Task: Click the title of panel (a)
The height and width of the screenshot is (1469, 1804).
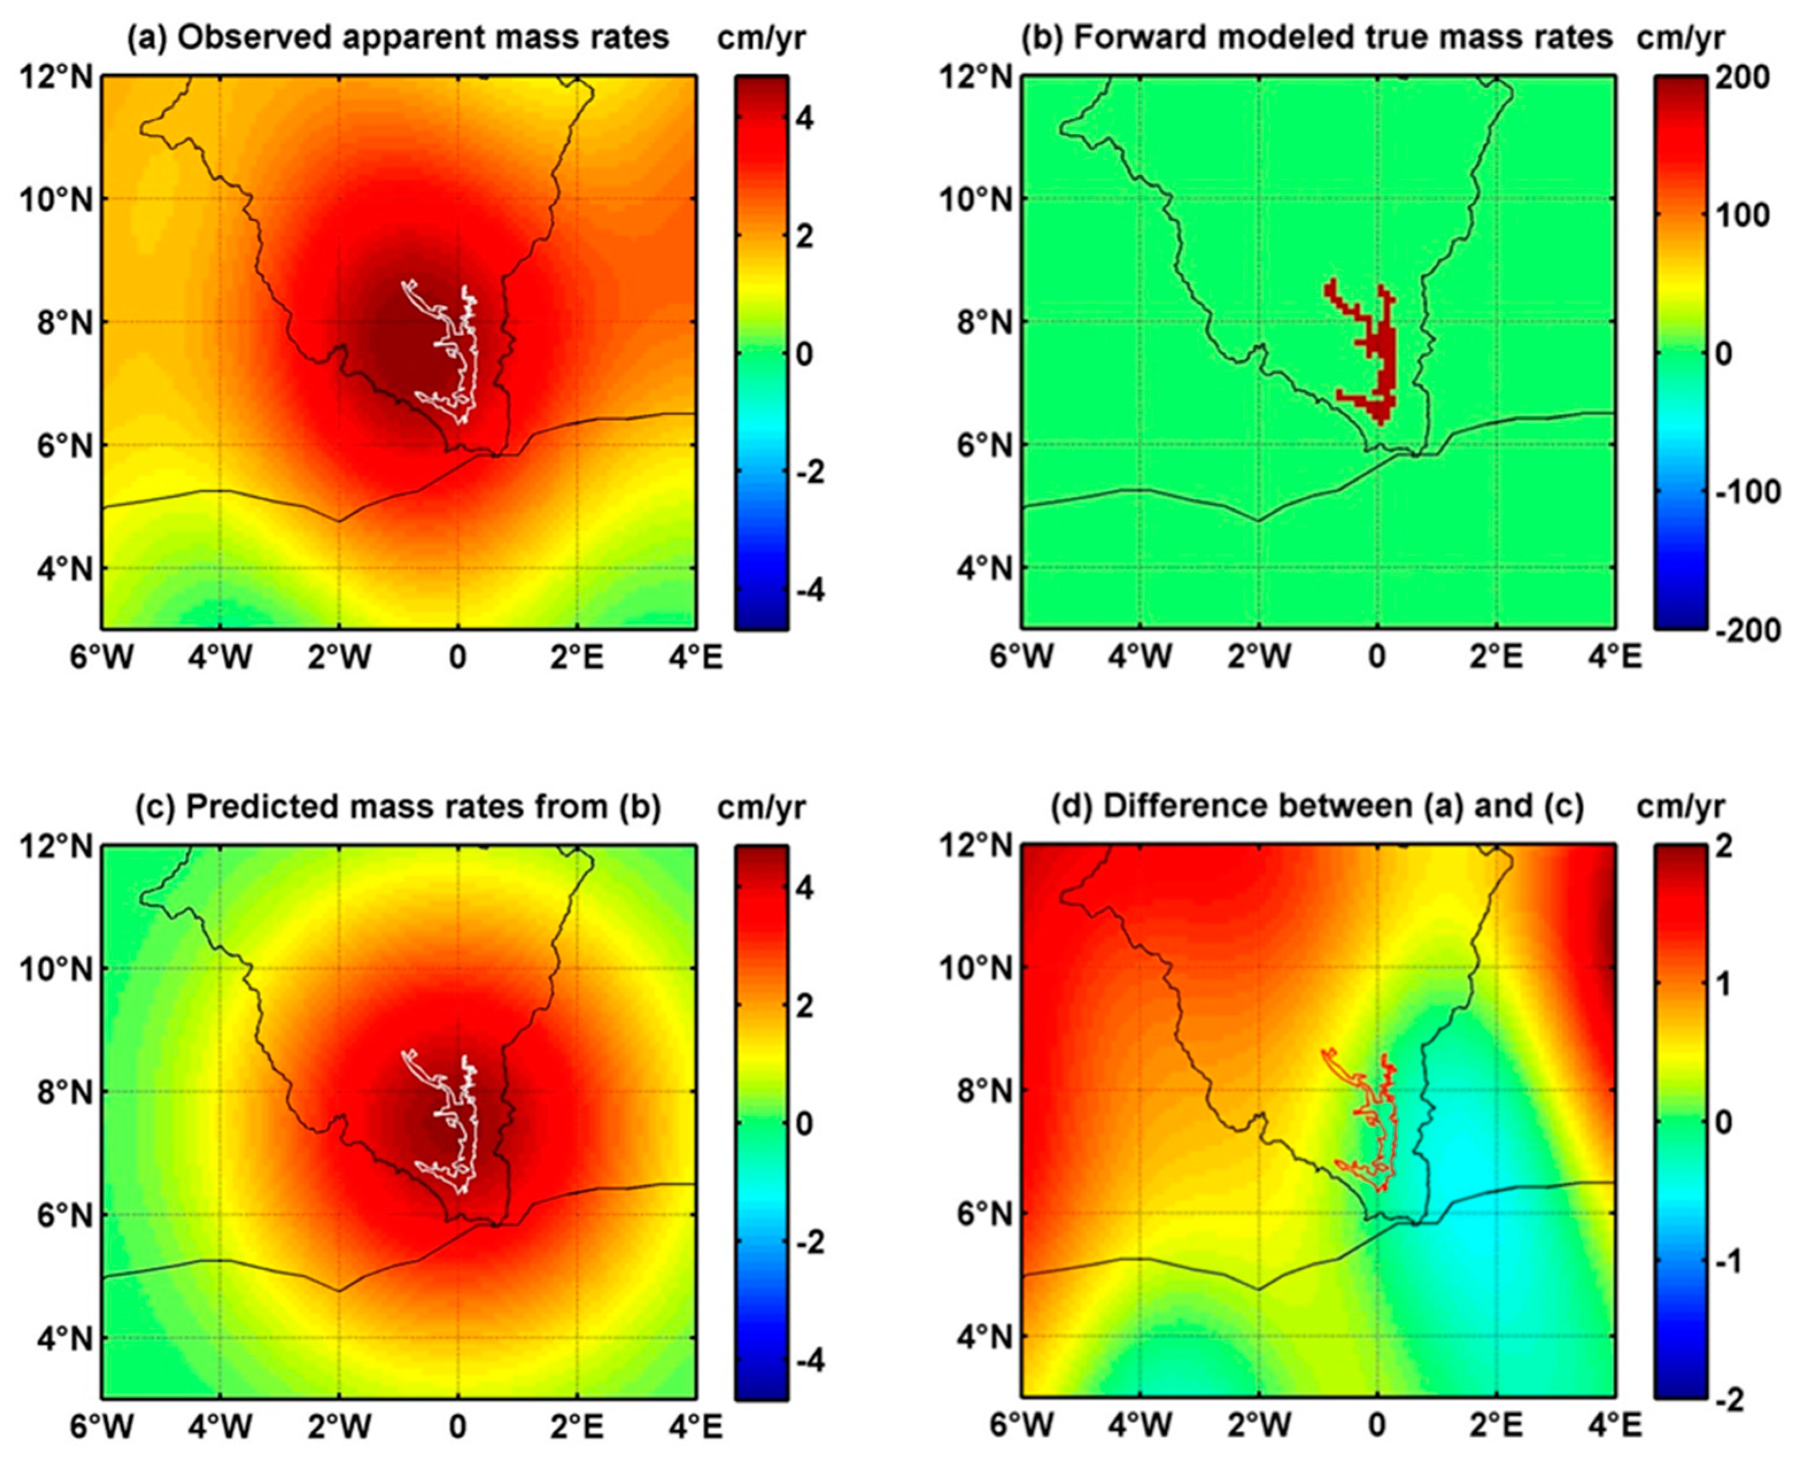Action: [398, 37]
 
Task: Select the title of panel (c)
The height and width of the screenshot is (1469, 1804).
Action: [398, 807]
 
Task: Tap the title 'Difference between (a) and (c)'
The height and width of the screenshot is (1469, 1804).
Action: [1317, 807]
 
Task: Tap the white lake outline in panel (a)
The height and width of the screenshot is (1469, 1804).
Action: [470, 355]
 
